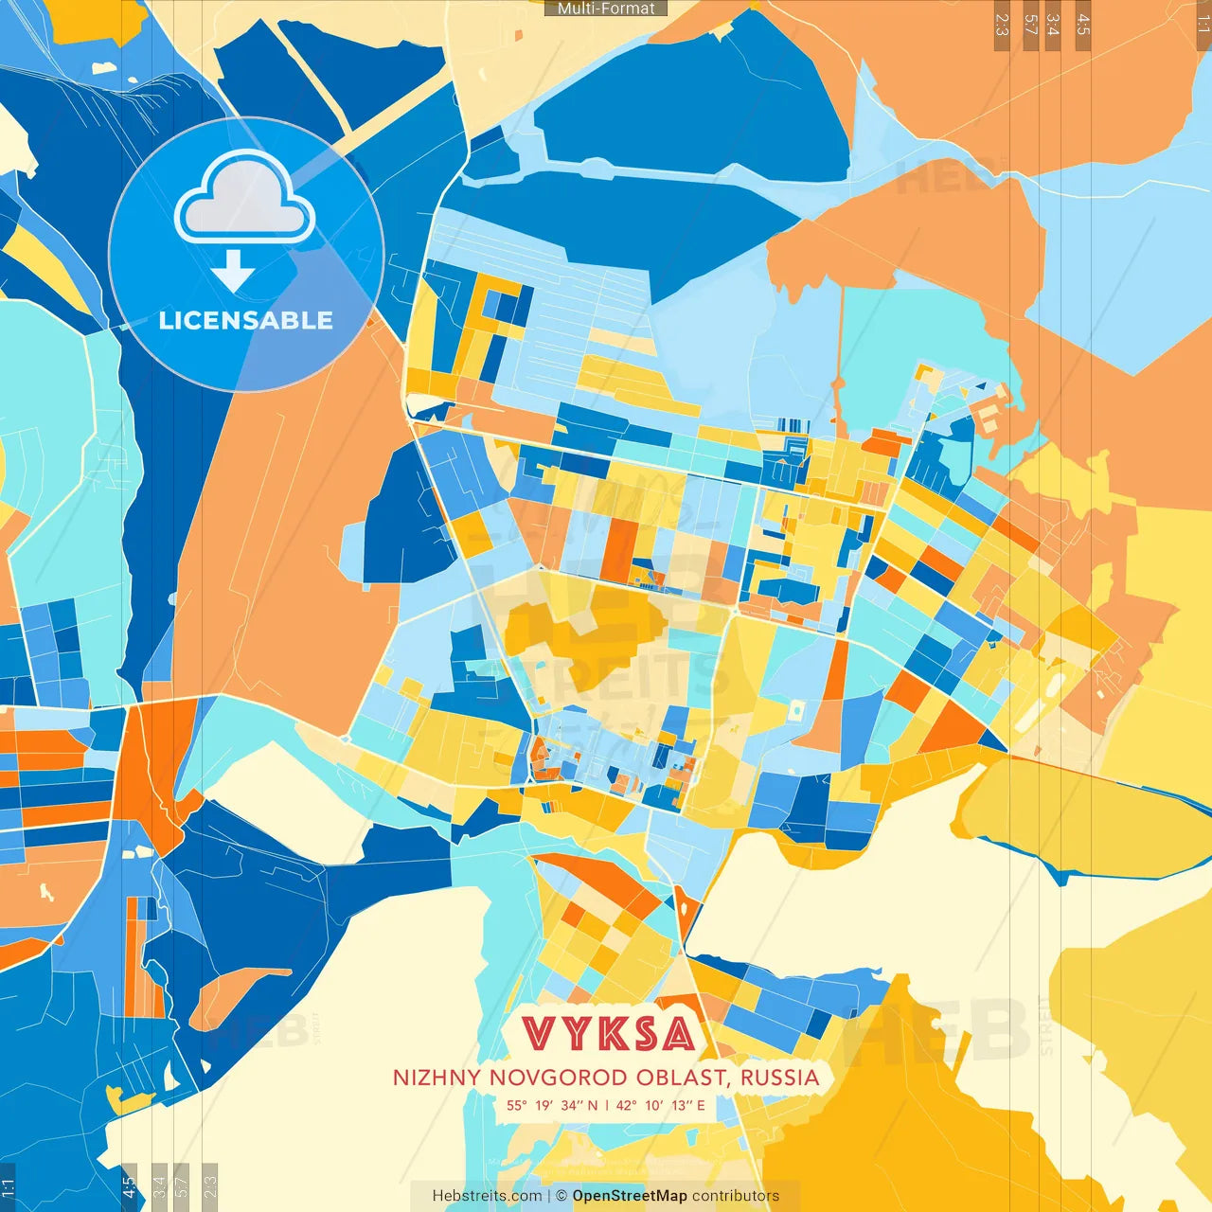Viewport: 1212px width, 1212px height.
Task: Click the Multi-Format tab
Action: click(x=606, y=9)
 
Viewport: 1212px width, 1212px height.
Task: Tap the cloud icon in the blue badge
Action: click(x=245, y=201)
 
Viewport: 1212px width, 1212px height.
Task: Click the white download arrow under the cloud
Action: click(x=233, y=272)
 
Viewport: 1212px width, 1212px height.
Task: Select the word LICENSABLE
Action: click(x=245, y=320)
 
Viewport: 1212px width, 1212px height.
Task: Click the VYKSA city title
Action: click(x=609, y=1034)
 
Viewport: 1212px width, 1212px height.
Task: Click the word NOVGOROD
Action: click(x=537, y=1078)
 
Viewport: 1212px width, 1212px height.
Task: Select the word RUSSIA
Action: click(x=780, y=1078)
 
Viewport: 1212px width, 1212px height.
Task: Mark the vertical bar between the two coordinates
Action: click(x=606, y=1105)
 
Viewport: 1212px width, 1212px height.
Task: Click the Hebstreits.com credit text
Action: click(x=487, y=1196)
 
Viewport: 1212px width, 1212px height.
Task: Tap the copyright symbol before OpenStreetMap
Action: click(x=561, y=1196)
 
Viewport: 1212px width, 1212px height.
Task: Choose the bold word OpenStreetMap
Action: click(x=630, y=1196)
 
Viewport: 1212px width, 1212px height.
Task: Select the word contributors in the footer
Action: click(x=736, y=1196)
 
